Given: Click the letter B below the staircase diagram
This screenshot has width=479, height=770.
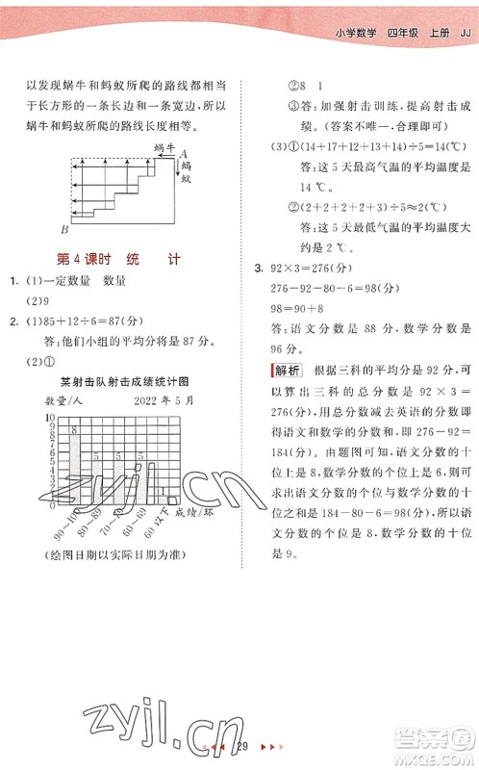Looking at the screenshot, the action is [64, 229].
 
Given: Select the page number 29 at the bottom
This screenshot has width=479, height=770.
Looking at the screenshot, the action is [243, 747].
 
